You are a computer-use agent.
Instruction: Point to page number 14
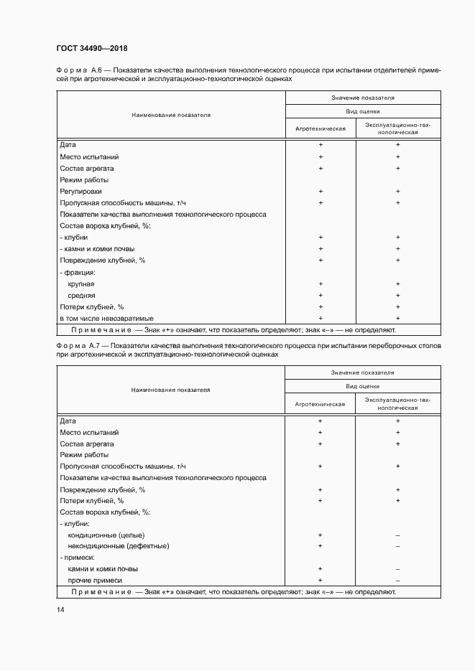click(60, 610)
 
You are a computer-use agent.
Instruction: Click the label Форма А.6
click(81, 70)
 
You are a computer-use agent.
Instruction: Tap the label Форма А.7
click(81, 346)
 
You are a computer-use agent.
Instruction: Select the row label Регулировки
click(81, 192)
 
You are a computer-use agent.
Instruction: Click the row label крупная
click(81, 284)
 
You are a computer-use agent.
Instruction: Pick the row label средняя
click(81, 296)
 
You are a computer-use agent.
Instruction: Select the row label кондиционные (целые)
click(106, 535)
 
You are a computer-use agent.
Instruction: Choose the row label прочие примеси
click(95, 581)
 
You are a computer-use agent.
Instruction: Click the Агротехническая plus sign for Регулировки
click(320, 192)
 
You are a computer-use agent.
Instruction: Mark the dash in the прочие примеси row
click(397, 581)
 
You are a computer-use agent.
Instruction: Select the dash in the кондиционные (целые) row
click(397, 535)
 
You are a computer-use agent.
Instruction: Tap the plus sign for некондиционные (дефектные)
click(320, 546)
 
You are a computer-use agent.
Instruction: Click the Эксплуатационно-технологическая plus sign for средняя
click(397, 296)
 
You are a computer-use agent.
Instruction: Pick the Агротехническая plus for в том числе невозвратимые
click(320, 319)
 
